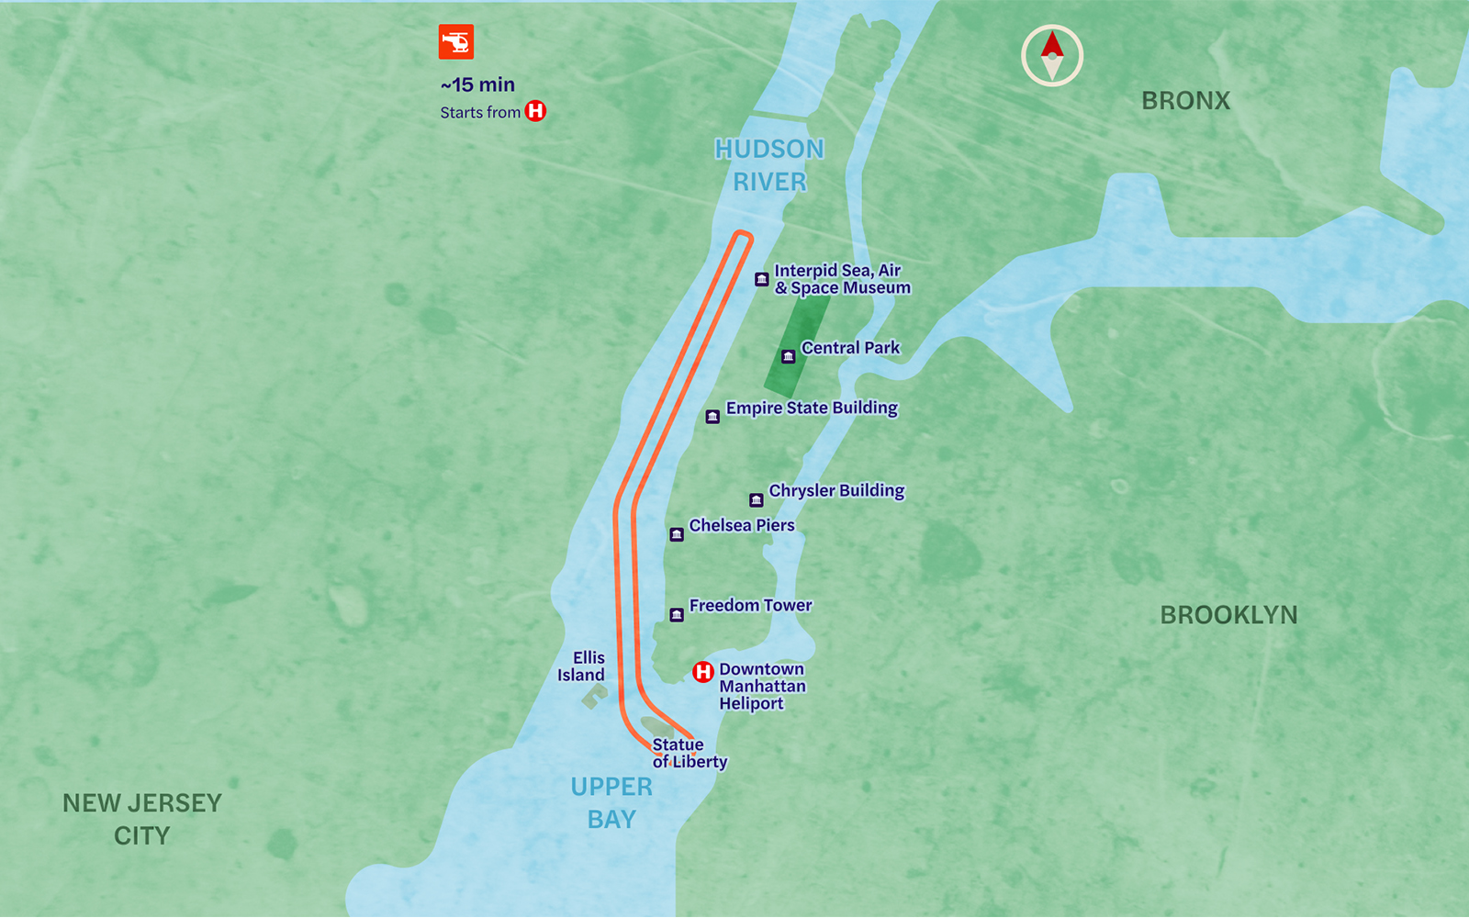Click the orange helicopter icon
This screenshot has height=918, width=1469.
click(x=455, y=42)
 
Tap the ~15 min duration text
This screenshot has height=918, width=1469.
click(x=477, y=84)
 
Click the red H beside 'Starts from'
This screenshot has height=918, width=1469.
click(x=535, y=111)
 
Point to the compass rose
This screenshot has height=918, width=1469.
click(x=1052, y=56)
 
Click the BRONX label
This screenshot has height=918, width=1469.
click(x=1185, y=101)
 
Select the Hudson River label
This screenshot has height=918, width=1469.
click(x=769, y=165)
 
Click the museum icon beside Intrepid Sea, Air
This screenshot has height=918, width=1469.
click(x=761, y=279)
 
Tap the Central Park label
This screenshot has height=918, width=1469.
click(x=850, y=348)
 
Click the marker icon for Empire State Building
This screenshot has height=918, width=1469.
click(x=712, y=417)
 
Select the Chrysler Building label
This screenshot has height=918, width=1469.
click(x=836, y=490)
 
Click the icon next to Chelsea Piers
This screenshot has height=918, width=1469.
click(x=677, y=534)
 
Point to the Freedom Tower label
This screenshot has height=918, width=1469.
click(x=750, y=605)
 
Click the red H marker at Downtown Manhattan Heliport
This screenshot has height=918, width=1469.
click(x=702, y=672)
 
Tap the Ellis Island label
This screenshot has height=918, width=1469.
click(x=582, y=666)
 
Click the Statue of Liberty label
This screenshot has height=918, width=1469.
click(x=689, y=753)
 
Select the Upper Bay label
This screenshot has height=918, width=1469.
click(x=611, y=802)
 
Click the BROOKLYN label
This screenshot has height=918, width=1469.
click(x=1228, y=615)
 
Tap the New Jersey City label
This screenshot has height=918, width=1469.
click(x=142, y=819)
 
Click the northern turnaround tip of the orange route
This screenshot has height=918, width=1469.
click(x=743, y=237)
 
